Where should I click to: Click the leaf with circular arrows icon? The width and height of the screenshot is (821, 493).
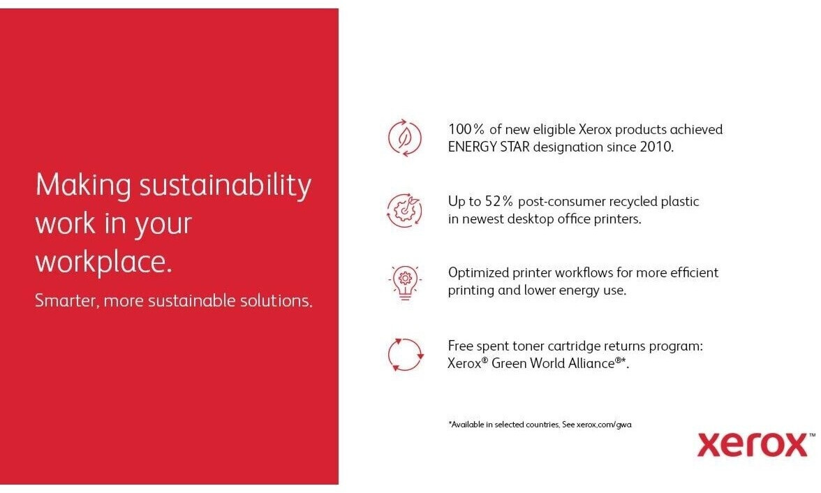click(404, 138)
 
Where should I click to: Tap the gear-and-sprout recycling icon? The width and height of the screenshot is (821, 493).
click(404, 210)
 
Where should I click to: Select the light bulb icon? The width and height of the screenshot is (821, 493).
click(405, 283)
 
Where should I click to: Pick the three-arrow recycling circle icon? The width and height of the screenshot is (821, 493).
click(406, 355)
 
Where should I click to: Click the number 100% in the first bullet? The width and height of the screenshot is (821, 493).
click(466, 129)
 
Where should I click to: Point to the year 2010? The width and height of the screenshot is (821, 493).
click(655, 147)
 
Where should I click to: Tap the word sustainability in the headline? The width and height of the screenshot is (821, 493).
click(225, 186)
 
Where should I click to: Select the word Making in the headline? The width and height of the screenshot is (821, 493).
click(82, 186)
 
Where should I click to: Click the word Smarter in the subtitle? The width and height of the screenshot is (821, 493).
click(66, 301)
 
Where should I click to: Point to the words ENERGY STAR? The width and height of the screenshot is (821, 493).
click(489, 147)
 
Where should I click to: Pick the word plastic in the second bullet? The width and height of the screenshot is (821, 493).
click(680, 202)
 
